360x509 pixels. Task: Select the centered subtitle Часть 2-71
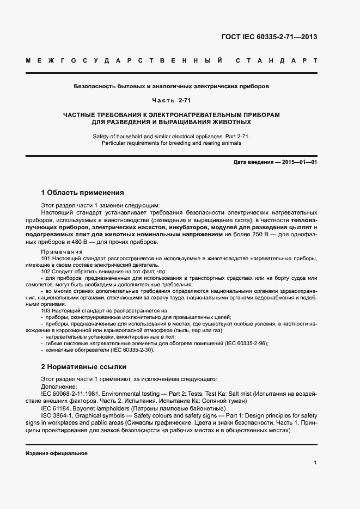(x=171, y=101)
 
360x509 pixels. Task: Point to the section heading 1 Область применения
(x=83, y=192)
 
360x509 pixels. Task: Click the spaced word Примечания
(x=62, y=252)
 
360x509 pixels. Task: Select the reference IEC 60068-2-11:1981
(x=73, y=393)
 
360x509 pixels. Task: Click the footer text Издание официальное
(x=57, y=453)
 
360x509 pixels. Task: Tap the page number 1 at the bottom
(x=315, y=462)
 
